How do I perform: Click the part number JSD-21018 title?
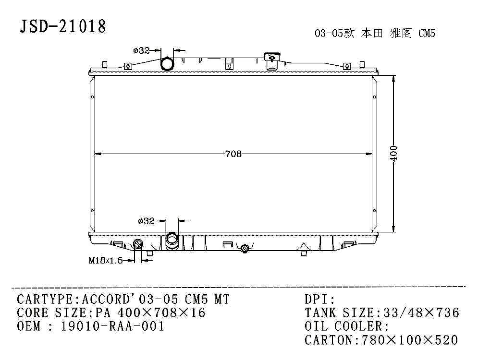click(x=63, y=26)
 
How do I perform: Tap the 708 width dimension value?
click(x=233, y=154)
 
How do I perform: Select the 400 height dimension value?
click(x=393, y=154)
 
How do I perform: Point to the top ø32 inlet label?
click(x=141, y=50)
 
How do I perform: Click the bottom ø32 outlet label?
click(x=146, y=220)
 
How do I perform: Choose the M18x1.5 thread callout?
click(x=105, y=261)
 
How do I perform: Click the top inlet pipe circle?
click(x=167, y=64)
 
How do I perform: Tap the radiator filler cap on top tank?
click(x=271, y=61)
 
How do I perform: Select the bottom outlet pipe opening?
click(x=172, y=240)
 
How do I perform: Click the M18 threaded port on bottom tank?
click(x=138, y=244)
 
